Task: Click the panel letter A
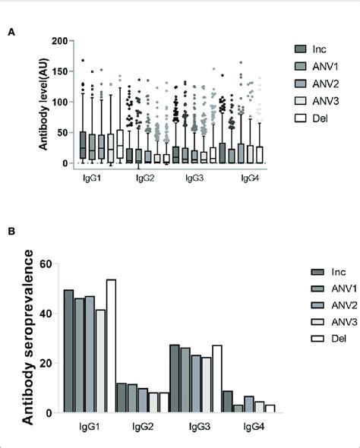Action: click(11, 32)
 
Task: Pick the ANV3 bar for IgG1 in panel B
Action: click(100, 361)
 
